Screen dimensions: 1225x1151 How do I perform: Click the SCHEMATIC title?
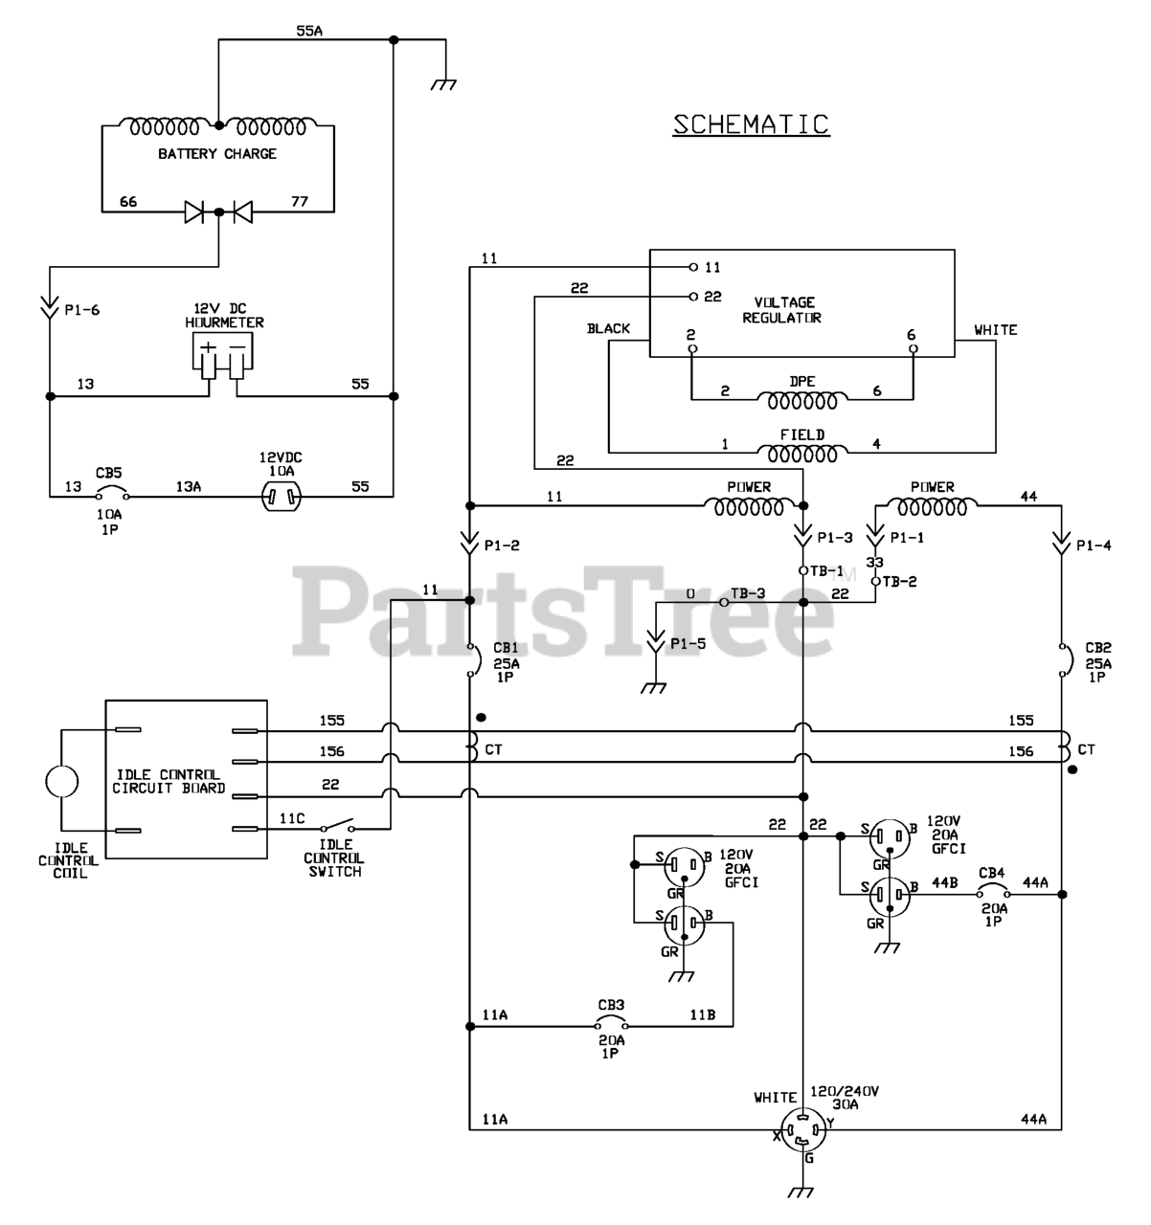point(751,124)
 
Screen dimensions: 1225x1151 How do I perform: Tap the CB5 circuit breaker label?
point(108,473)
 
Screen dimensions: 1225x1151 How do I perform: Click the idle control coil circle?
point(61,781)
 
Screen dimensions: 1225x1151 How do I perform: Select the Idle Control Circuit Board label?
point(169,781)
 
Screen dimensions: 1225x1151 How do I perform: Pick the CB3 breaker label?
point(612,1005)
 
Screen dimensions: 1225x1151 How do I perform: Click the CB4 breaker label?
point(992,873)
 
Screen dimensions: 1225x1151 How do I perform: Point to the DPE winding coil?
point(802,397)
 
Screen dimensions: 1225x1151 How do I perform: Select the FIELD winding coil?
point(802,451)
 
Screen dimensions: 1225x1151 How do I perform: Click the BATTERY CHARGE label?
point(217,154)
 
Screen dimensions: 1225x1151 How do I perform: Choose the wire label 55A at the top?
point(309,31)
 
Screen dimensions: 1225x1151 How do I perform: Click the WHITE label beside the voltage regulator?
point(996,330)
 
